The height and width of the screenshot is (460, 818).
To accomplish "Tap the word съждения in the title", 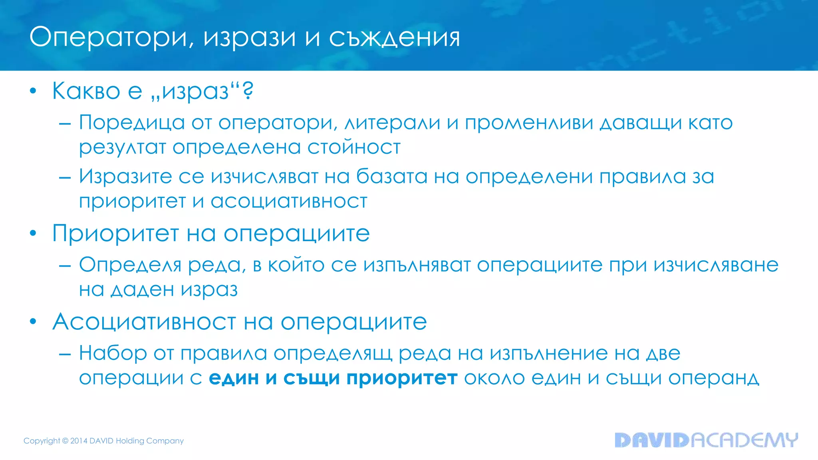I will pos(394,38).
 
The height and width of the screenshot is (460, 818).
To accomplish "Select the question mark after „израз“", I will pos(248,91).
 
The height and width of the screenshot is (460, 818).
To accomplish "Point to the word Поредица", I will pos(132,123).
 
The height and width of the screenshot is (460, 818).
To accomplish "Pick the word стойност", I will pos(354,147).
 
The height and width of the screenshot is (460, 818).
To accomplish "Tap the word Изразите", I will pos(125,176).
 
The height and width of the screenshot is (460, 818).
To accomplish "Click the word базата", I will pos(391,176).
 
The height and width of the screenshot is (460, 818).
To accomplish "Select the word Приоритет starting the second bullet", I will pos(115,234).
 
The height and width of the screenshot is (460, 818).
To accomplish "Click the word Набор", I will pos(113,353).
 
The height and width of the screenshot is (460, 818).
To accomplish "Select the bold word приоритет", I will pos(402,378).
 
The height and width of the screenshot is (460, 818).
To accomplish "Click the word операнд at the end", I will pos(713,378).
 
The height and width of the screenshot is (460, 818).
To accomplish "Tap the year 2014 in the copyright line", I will pos(79,441).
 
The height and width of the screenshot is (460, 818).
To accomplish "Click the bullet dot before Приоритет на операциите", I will pos(33,233).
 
